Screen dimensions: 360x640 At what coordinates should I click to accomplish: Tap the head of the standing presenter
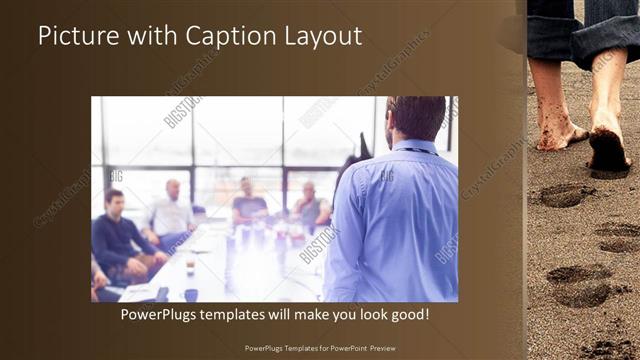414,118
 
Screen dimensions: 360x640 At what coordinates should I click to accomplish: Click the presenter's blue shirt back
395,225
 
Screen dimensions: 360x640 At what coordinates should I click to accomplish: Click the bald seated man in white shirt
172,212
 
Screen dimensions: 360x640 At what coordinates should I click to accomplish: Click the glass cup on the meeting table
189,266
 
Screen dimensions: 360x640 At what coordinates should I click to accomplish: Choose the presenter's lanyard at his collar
414,151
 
